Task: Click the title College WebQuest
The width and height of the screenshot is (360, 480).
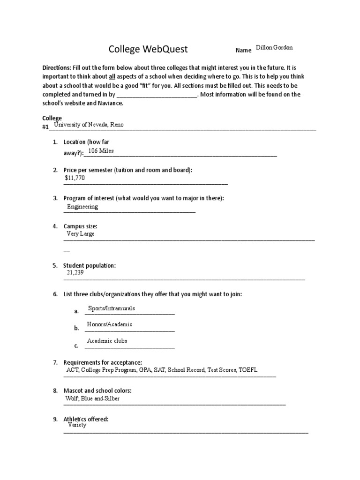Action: [x=148, y=49]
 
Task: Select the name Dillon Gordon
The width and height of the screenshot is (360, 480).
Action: [x=275, y=48]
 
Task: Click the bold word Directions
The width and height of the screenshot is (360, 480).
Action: [x=56, y=67]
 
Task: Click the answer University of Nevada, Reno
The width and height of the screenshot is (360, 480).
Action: [x=89, y=125]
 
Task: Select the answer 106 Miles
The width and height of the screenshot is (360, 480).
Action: [x=101, y=151]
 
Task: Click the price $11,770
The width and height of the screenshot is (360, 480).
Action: [x=75, y=178]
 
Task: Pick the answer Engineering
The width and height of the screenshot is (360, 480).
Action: [x=82, y=207]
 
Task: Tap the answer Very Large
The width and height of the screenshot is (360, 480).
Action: [x=81, y=234]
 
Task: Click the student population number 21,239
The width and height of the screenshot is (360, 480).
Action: [x=75, y=272]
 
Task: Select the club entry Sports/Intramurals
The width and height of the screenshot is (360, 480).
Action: [x=111, y=308]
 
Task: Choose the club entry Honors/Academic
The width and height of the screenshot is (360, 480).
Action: [x=110, y=324]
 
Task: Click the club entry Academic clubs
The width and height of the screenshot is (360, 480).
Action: [x=107, y=341]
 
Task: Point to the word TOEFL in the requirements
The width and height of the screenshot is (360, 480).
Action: [x=248, y=370]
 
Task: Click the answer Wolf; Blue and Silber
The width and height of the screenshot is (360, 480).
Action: [x=92, y=399]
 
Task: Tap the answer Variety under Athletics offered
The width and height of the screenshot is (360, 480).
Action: [x=77, y=425]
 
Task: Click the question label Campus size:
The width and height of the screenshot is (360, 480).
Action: [x=80, y=226]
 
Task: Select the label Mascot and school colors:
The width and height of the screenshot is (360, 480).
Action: [x=97, y=391]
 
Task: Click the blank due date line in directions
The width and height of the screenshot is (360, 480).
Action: [x=159, y=95]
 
